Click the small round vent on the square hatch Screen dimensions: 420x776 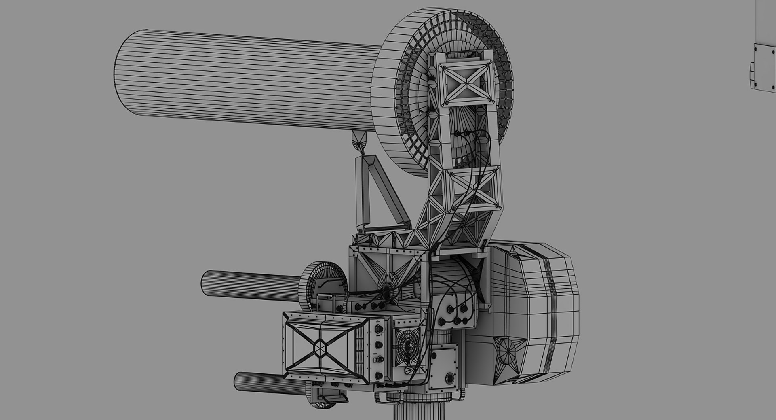[x=450, y=378]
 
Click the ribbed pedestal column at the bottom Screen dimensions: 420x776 [x=410, y=411]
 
